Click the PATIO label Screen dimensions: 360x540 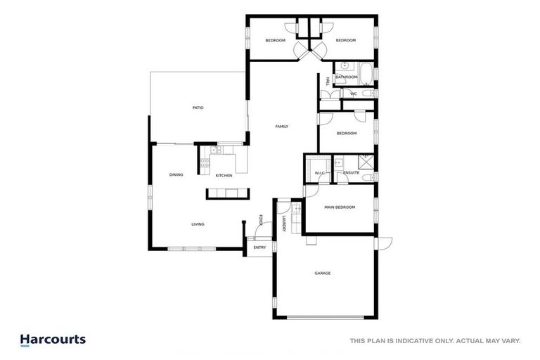(x=198, y=108)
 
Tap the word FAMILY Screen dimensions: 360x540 (x=281, y=127)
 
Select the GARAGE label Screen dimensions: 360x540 (x=323, y=273)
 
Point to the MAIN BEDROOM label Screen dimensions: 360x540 (x=340, y=207)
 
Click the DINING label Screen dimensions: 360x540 (x=176, y=175)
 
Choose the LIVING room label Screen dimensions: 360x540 (x=198, y=224)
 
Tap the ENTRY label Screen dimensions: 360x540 (x=259, y=247)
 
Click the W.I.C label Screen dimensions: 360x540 (x=319, y=173)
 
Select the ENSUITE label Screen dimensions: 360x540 (x=352, y=173)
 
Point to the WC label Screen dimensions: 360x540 (x=354, y=94)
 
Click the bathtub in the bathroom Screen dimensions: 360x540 (x=366, y=72)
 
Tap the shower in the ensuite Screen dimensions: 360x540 (x=366, y=160)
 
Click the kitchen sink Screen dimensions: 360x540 (x=226, y=149)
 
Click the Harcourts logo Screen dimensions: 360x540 (x=53, y=340)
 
